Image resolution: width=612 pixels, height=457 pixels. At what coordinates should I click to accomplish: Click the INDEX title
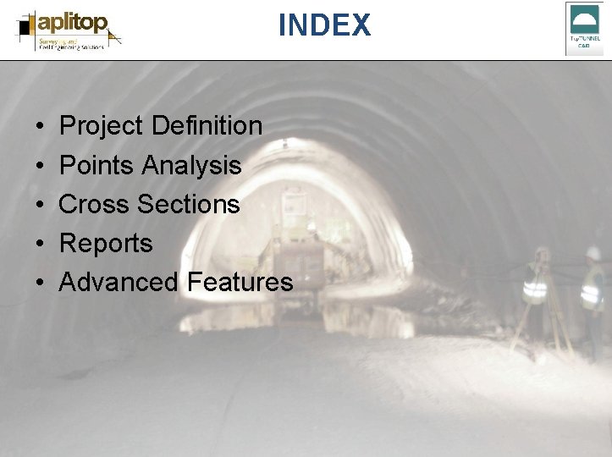(324, 25)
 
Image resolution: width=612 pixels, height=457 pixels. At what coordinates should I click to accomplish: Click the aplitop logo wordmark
(73, 23)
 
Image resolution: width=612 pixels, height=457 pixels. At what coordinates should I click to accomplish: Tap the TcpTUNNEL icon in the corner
(584, 28)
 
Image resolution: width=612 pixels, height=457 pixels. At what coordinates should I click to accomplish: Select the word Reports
(106, 243)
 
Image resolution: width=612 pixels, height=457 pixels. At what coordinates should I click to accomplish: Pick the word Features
(240, 282)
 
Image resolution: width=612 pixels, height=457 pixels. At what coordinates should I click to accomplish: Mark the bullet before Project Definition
(41, 127)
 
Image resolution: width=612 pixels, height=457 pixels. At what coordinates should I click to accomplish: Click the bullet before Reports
(41, 244)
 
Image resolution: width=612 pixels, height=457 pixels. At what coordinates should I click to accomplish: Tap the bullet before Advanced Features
(41, 283)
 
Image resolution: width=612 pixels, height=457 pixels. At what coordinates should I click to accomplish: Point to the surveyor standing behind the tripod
(536, 284)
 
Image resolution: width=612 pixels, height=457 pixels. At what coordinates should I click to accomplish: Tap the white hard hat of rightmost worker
(594, 253)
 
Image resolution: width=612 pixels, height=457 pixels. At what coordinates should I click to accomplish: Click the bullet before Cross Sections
(41, 205)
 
